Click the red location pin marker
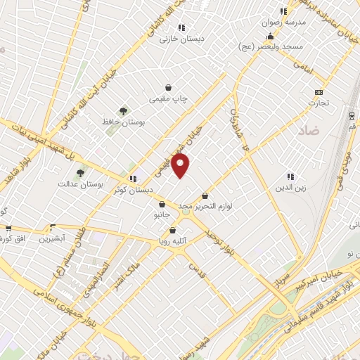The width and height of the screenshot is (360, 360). pyautogui.click(x=181, y=166)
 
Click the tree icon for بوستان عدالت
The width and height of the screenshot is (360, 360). pyautogui.click(x=81, y=173)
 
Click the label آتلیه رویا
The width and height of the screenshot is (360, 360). pyautogui.click(x=172, y=240)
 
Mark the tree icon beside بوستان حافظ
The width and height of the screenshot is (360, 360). pyautogui.click(x=124, y=110)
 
